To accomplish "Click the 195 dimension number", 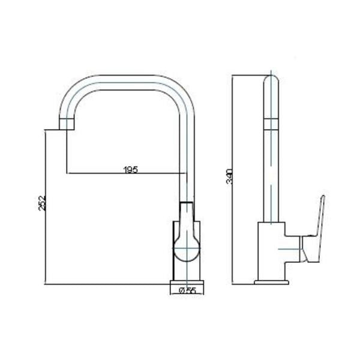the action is [131, 170].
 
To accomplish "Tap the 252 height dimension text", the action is [42, 203].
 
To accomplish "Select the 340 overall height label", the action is [229, 176].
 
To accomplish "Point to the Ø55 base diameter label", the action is [187, 290].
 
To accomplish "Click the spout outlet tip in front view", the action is [67, 124].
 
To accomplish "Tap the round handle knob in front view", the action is [187, 248].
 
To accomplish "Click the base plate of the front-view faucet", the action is [187, 283].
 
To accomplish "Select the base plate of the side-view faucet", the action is [271, 283].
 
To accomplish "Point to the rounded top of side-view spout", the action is [271, 79].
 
